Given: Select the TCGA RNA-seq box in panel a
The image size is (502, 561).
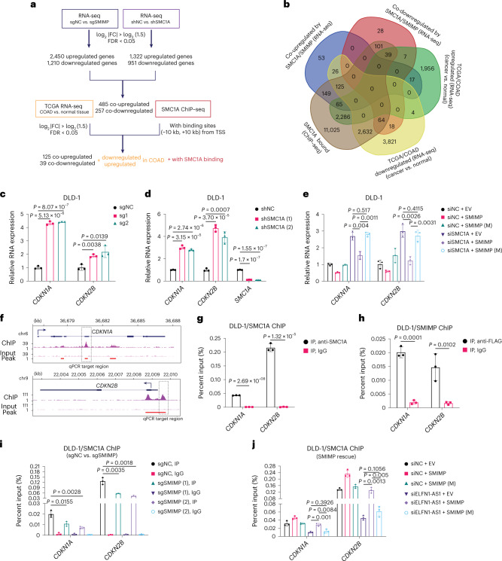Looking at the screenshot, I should [56, 111].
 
